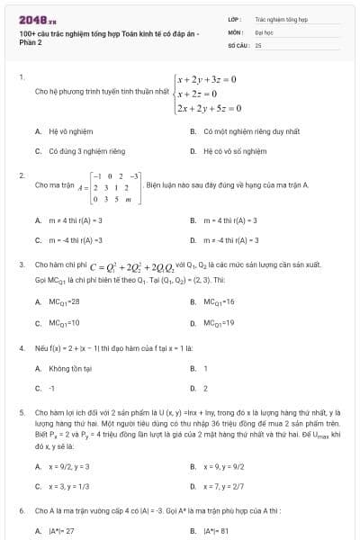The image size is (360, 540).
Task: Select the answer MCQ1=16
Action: click(x=219, y=301)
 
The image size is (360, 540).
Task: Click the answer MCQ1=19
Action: click(x=219, y=322)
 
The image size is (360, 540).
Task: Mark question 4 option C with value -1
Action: click(x=52, y=389)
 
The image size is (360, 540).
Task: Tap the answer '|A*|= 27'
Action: click(x=62, y=531)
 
